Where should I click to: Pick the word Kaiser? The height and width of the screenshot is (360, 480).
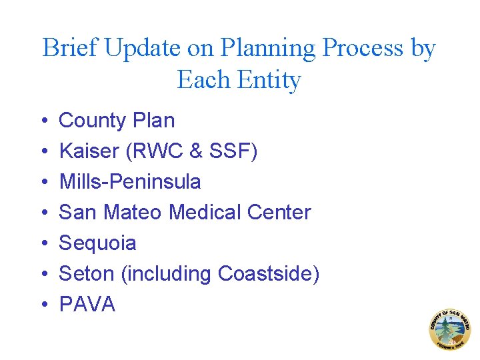pyautogui.click(x=87, y=151)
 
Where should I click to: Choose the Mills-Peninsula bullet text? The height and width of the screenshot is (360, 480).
pyautogui.click(x=130, y=182)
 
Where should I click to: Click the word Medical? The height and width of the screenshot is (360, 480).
pyautogui.click(x=205, y=213)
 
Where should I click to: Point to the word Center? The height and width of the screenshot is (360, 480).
pyautogui.click(x=279, y=213)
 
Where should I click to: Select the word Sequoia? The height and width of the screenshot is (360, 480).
pyautogui.click(x=97, y=243)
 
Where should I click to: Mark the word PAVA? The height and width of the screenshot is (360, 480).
pyautogui.click(x=87, y=305)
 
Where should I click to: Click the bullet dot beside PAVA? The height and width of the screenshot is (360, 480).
pyautogui.click(x=43, y=305)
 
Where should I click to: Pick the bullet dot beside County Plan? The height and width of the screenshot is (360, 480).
pyautogui.click(x=43, y=121)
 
